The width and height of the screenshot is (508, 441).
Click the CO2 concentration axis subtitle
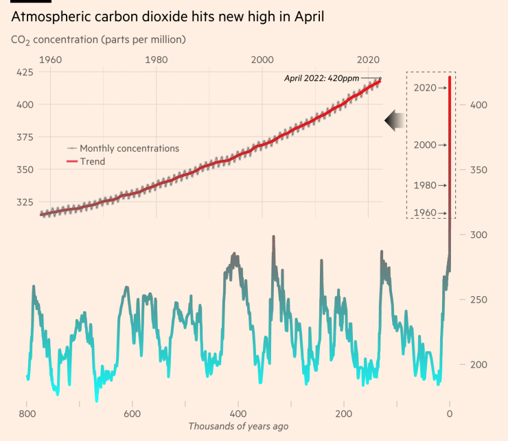(99, 40)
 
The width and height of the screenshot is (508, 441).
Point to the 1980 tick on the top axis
(157, 59)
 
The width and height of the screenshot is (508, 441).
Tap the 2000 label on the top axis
(263, 59)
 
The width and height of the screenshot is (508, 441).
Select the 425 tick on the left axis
(25, 72)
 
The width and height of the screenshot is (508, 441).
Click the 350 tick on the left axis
(25, 169)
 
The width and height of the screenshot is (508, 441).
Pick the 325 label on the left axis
(25, 202)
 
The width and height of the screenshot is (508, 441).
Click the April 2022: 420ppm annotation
(321, 78)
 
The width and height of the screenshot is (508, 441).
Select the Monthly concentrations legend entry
(129, 148)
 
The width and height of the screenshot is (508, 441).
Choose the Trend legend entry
(92, 161)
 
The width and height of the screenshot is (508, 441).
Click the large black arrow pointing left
(395, 120)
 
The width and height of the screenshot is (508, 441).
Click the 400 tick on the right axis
(478, 105)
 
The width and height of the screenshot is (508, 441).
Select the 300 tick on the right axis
(478, 235)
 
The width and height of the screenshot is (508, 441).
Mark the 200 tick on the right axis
(478, 364)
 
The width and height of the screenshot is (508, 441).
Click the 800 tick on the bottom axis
(27, 414)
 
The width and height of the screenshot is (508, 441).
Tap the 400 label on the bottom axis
(238, 414)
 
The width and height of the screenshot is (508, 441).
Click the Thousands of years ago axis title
(238, 427)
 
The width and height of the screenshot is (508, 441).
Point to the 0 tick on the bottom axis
(450, 414)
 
